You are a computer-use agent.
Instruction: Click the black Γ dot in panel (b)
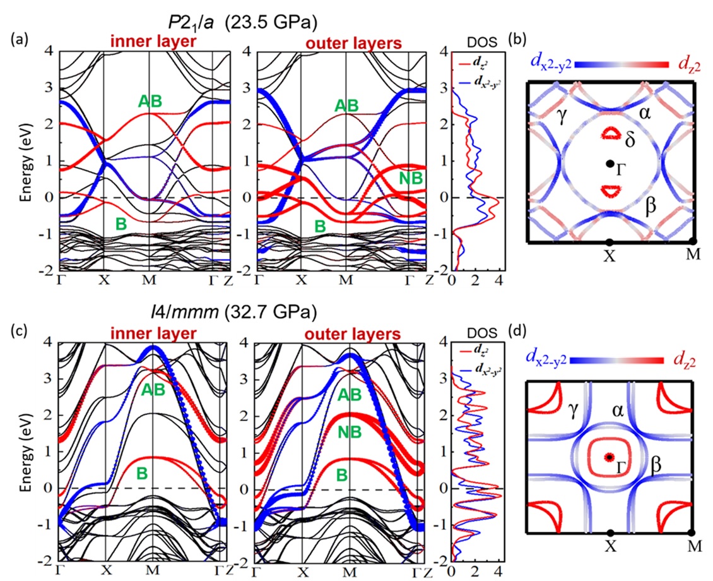(610, 164)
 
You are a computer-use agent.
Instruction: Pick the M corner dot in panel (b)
(693, 242)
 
